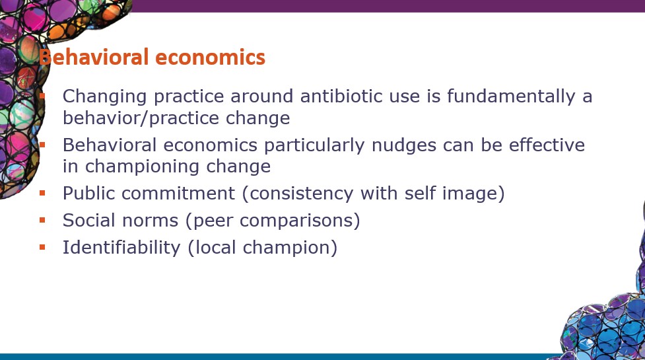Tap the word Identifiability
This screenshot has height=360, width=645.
[x=121, y=248]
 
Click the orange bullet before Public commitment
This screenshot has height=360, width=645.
[x=42, y=193]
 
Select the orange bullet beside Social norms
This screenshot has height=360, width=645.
[x=42, y=220]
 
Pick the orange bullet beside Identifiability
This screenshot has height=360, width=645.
[x=42, y=247]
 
